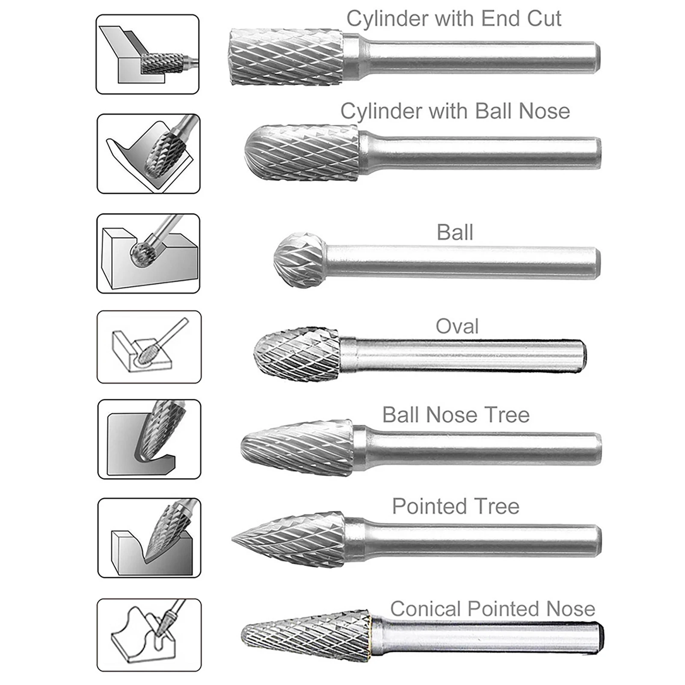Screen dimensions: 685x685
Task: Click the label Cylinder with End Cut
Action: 454,19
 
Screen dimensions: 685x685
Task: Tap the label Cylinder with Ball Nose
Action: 455,111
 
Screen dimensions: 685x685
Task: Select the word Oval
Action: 457,326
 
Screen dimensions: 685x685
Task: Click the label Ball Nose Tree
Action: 456,415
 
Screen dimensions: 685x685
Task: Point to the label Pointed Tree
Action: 456,507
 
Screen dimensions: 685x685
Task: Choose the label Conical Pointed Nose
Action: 492,609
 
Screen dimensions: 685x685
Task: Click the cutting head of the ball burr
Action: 300,260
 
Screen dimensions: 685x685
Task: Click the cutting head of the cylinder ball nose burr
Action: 302,152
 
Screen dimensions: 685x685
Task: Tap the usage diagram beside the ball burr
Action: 148,253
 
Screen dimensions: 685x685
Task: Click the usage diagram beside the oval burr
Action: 149,347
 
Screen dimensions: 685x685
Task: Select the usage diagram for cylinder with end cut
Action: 148,54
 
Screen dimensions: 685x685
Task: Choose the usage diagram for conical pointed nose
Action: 149,635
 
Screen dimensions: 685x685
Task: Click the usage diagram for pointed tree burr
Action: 149,538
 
